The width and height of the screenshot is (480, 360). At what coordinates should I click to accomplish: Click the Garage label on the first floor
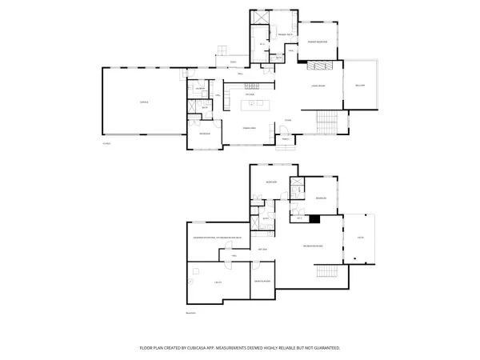pyautogui.click(x=144, y=102)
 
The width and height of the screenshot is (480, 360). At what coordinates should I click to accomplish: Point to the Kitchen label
pyautogui.click(x=250, y=94)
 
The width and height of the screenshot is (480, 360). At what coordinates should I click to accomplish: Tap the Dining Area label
pyautogui.click(x=249, y=128)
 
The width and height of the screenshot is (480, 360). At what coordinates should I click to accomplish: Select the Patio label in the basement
pyautogui.click(x=361, y=238)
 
